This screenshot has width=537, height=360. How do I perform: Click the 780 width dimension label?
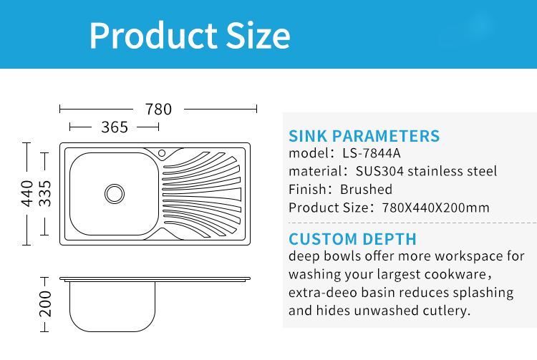[158, 110]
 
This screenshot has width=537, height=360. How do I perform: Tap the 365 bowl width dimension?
[115, 127]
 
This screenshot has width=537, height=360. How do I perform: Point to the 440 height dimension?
[26, 194]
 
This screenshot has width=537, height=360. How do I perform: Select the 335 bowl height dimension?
[44, 194]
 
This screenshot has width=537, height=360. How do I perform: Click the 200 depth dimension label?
[45, 304]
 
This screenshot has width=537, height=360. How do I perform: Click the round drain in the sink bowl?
[115, 194]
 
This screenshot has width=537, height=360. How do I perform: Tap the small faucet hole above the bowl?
[162, 153]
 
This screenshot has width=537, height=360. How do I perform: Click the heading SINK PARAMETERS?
[364, 136]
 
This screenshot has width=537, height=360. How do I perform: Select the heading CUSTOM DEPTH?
[352, 239]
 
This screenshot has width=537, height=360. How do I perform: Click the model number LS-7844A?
[371, 153]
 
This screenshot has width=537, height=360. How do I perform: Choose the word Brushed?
[366, 189]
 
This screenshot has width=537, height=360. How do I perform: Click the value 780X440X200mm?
[435, 208]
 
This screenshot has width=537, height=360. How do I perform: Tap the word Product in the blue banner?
[153, 36]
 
